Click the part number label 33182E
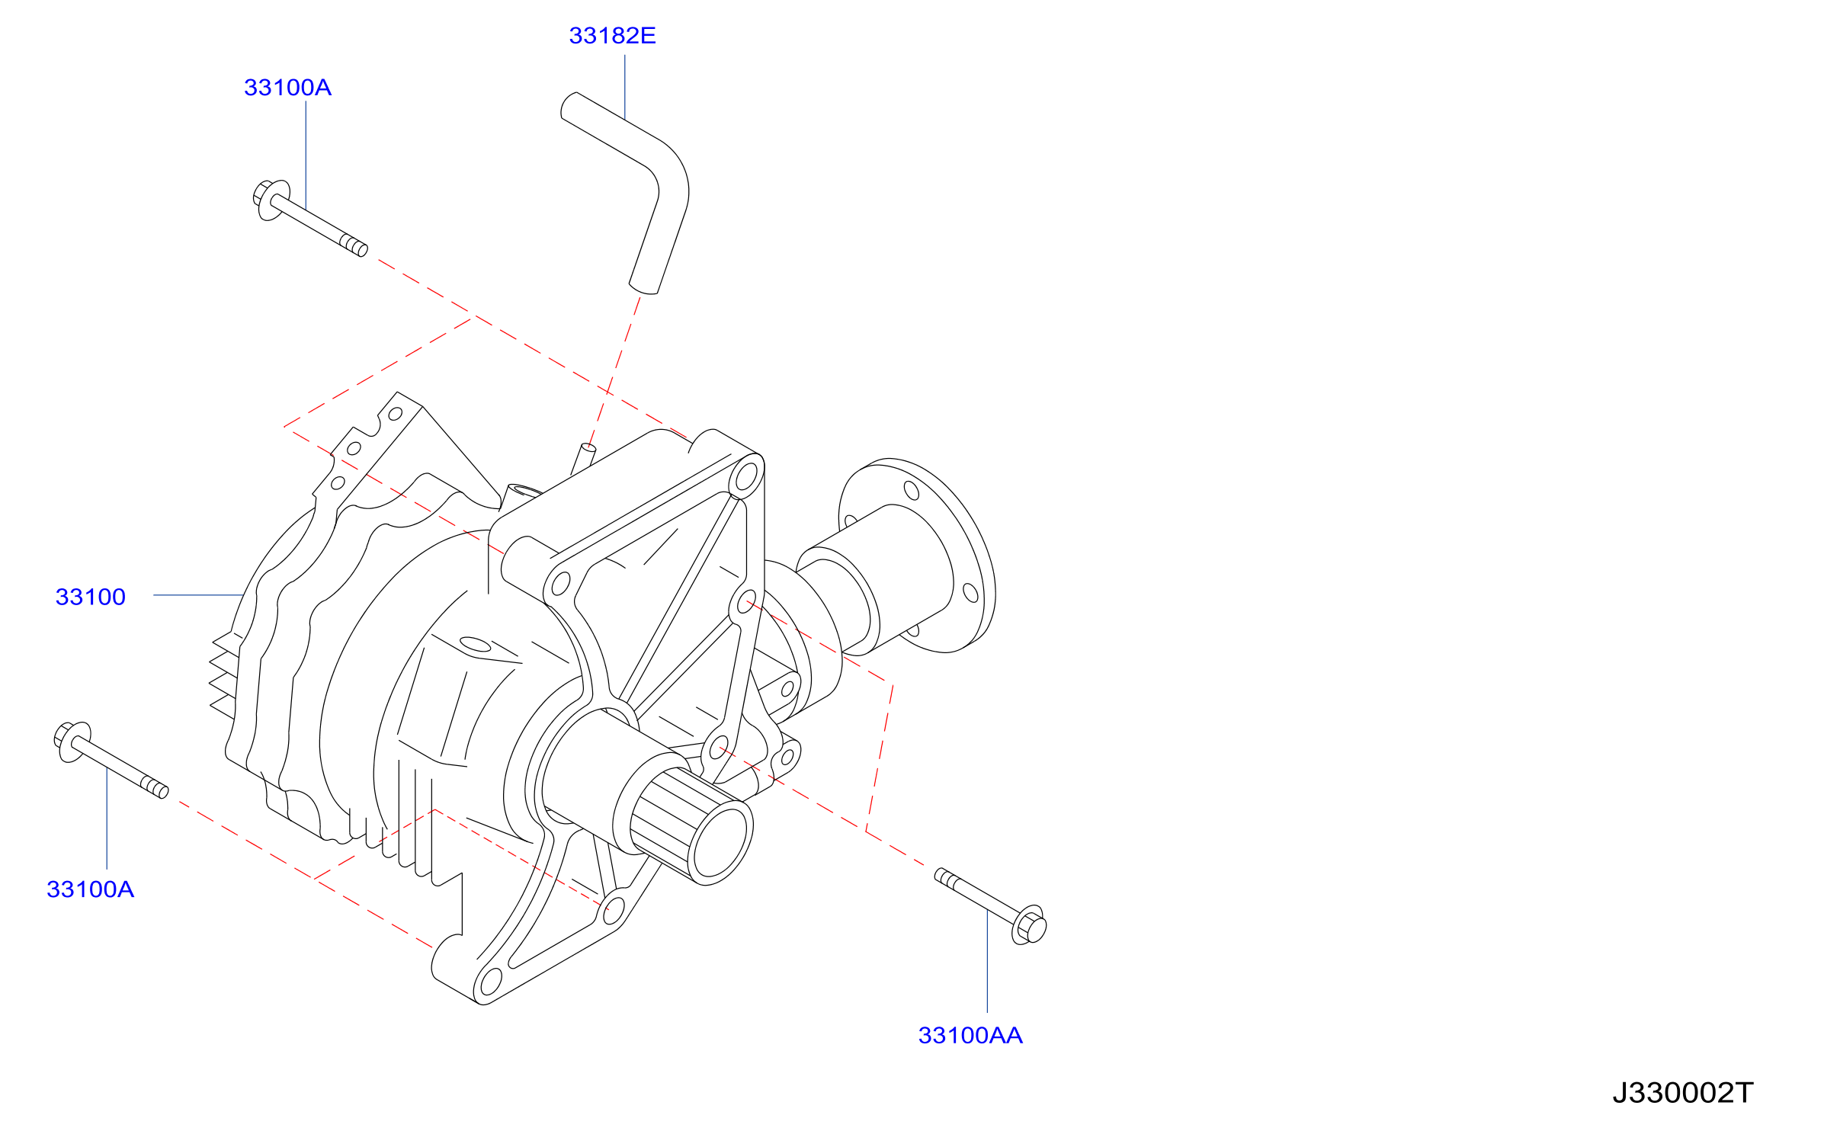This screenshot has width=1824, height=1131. click(612, 36)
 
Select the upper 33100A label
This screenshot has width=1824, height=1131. click(287, 88)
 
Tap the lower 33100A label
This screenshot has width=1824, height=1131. click(90, 889)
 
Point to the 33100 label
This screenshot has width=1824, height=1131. click(90, 597)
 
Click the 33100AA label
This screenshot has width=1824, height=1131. click(970, 1036)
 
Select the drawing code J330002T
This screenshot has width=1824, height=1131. click(1683, 1093)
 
